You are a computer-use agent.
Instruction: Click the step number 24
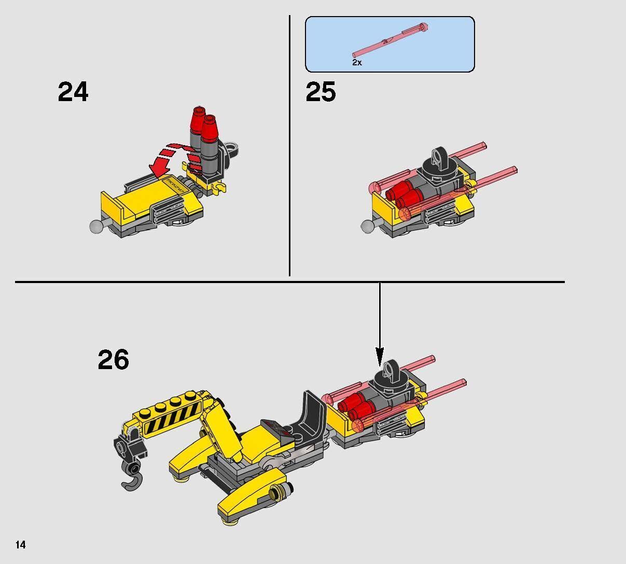[x=73, y=92]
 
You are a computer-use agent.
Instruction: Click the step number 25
[x=321, y=92]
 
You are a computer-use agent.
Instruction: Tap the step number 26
[x=113, y=360]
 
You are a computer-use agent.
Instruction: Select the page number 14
[x=21, y=544]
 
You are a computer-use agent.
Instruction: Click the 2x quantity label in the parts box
[x=357, y=62]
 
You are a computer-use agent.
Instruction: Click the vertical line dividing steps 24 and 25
[x=289, y=145]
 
